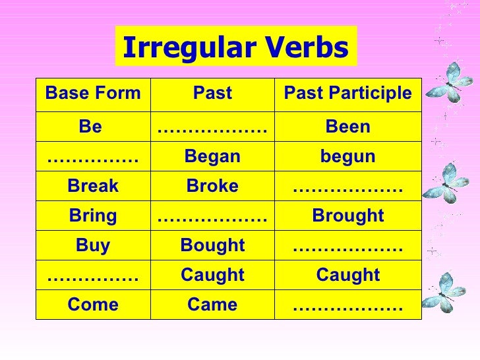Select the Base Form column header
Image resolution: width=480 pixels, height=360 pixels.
pos(93,94)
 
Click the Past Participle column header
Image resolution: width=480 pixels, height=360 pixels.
pos(347,94)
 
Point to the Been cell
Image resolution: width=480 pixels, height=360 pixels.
pos(347,127)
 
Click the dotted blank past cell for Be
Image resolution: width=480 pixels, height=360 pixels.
pos(212,127)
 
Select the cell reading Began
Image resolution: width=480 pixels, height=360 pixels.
pos(212,156)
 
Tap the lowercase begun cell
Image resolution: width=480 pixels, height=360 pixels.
pos(347,156)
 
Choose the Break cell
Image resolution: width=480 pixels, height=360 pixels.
pos(93,186)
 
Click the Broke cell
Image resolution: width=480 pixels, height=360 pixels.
pos(212,186)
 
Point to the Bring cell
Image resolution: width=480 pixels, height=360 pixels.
pos(93,216)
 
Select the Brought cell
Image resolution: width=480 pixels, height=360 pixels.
pos(347,216)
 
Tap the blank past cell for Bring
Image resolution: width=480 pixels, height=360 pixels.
pos(212,216)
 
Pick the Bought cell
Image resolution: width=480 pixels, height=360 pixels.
pos(212,245)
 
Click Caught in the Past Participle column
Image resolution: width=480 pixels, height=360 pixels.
pos(347,275)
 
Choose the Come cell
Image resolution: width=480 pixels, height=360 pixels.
pos(93,305)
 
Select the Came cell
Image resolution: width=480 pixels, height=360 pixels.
pos(212,305)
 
